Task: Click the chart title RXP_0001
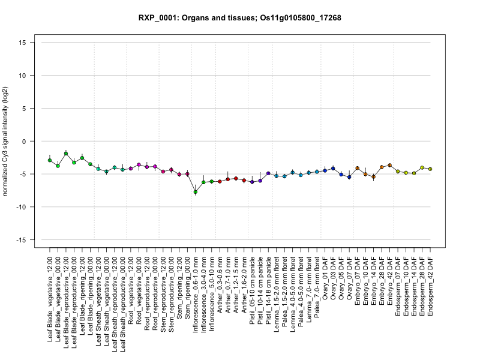click(239, 18)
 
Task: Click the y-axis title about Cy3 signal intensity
click(7, 141)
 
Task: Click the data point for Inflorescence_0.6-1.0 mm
click(196, 192)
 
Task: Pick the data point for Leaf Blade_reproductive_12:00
click(66, 154)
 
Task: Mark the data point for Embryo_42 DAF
click(389, 165)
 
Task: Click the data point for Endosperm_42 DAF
click(430, 169)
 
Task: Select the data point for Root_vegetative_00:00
click(139, 164)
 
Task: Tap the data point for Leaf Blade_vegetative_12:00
click(50, 160)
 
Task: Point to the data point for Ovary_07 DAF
click(349, 177)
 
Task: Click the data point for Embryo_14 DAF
click(373, 177)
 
